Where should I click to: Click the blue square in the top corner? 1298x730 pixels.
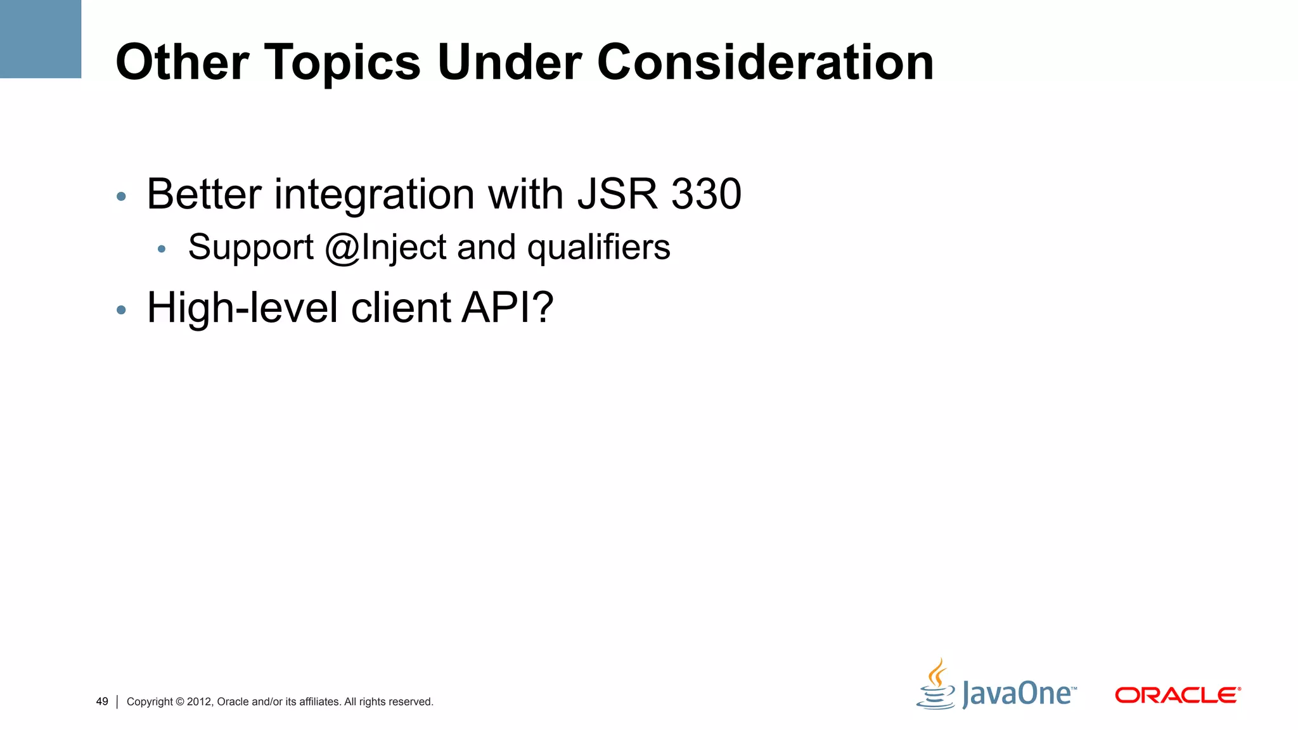41,39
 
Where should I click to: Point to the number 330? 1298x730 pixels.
706,194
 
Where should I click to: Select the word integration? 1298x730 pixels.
374,195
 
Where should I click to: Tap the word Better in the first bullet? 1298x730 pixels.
204,194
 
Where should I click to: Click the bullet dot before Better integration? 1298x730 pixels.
121,197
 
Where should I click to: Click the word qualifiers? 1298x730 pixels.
598,248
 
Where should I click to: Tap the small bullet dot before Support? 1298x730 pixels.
162,250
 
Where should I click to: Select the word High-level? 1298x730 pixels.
242,308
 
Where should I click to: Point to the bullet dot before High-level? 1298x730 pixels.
121,311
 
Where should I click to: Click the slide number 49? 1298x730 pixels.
102,701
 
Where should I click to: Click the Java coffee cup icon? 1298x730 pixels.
936,686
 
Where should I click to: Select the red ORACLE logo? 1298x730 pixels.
1177,695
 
